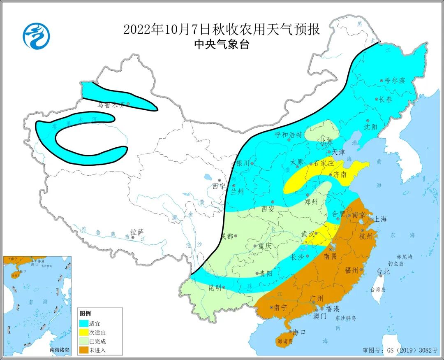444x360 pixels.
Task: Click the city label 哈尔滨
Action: (395, 80)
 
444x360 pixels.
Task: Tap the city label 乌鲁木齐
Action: (111, 105)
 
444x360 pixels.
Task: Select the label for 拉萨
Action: (136, 232)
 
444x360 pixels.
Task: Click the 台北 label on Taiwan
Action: (383, 272)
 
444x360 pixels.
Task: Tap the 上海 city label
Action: (380, 219)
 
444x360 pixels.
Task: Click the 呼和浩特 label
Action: (288, 135)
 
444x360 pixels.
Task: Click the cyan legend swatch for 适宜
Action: (83, 322)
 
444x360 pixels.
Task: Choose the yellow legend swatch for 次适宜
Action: (83, 332)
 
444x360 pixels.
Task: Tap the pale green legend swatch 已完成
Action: (83, 341)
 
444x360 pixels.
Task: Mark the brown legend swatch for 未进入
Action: (83, 350)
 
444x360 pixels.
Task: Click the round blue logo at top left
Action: (36, 35)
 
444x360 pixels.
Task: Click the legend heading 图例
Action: (85, 313)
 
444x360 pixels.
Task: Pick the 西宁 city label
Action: (219, 186)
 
